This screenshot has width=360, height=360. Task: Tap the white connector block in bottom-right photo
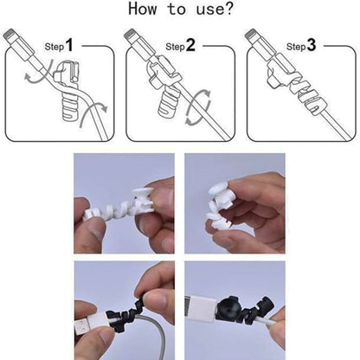(210, 325)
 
